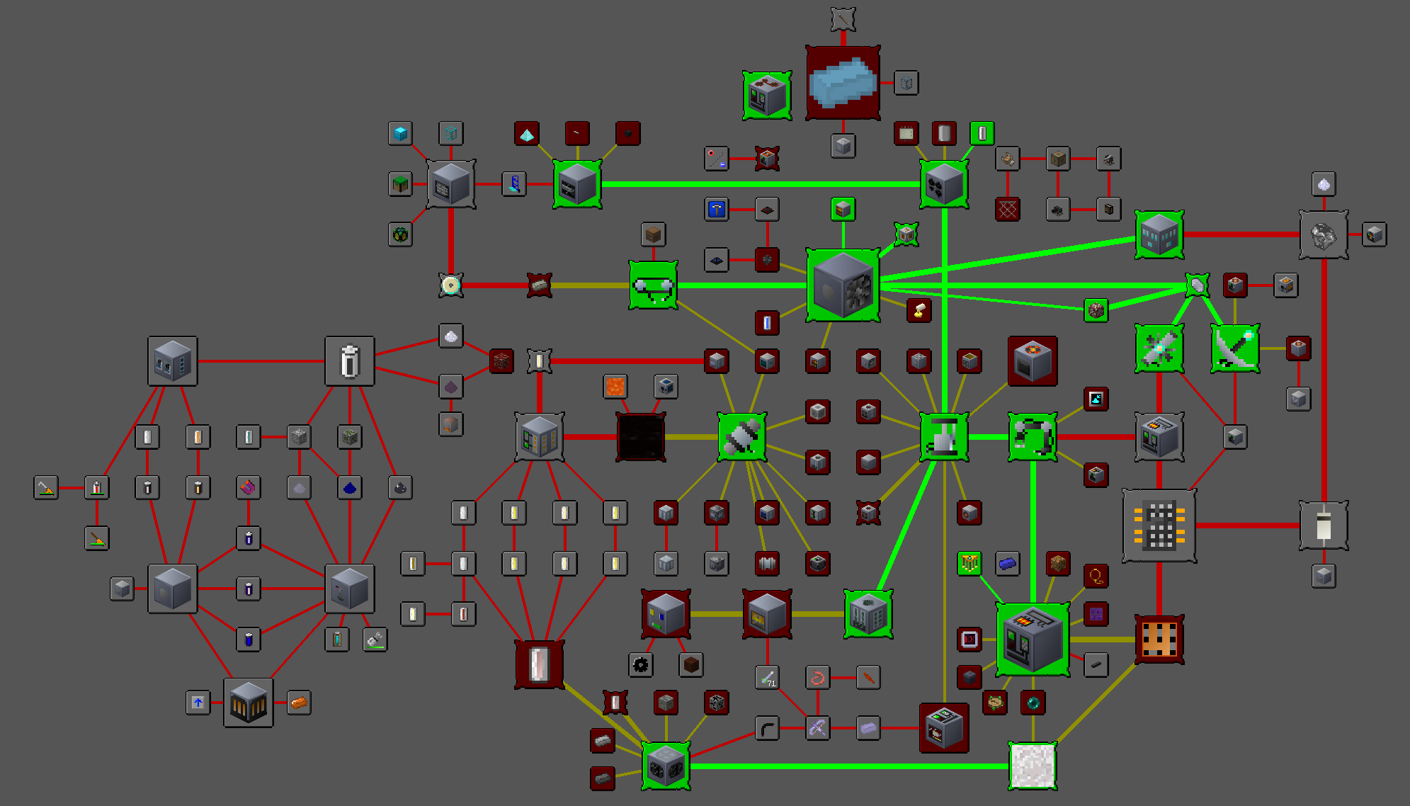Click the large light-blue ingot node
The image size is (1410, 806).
point(843,82)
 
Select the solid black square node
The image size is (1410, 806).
point(641,437)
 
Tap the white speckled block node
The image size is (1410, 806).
point(1033,766)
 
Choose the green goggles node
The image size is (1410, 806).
point(653,285)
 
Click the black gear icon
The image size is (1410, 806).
point(641,665)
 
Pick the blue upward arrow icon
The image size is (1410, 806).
point(198,703)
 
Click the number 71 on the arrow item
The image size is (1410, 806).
point(771,683)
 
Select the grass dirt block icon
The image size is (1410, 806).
point(401,184)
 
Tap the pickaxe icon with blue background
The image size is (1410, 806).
point(717,210)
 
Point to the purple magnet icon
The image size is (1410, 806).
point(249,487)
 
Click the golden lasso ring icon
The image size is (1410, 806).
point(1096,577)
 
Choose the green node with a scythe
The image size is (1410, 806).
point(1235,348)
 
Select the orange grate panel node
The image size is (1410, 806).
point(1159,640)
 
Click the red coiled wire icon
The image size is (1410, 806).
point(817,678)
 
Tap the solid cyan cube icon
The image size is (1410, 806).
point(401,133)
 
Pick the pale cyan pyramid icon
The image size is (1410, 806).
point(526,133)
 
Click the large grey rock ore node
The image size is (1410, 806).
point(1324,235)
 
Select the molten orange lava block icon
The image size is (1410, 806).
point(615,387)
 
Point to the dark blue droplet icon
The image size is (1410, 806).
point(350,487)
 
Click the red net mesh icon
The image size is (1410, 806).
point(1007,210)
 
